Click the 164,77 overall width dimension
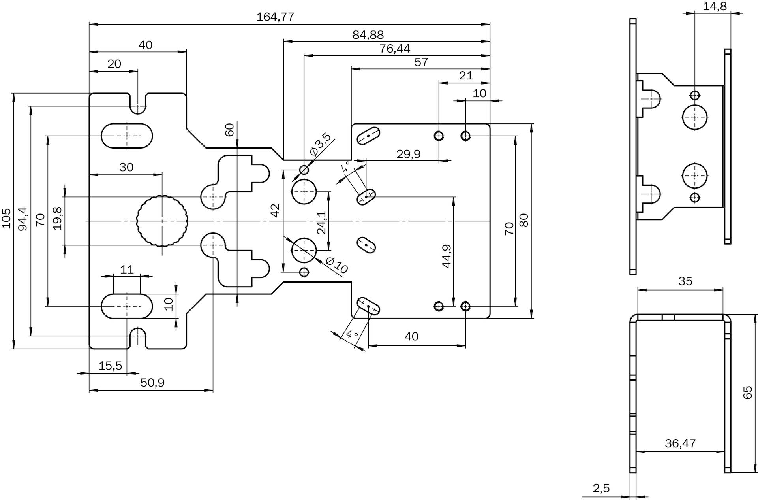(x=275, y=17)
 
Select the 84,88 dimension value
(x=368, y=35)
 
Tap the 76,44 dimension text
(x=395, y=49)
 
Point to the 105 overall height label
(x=6, y=218)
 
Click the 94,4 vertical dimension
(x=23, y=219)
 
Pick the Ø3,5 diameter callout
(x=320, y=144)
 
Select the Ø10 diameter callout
(x=337, y=265)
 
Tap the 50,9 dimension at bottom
(x=152, y=383)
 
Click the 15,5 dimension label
(x=110, y=366)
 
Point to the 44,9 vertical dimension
(x=447, y=256)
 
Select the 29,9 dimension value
(x=408, y=154)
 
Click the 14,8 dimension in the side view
(x=715, y=6)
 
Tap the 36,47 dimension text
(x=680, y=443)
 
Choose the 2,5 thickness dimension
(x=601, y=488)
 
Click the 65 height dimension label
(x=748, y=393)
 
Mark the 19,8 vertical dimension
(x=58, y=219)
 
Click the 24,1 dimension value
(x=322, y=222)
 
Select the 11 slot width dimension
(x=127, y=269)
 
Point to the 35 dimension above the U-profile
(x=685, y=281)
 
